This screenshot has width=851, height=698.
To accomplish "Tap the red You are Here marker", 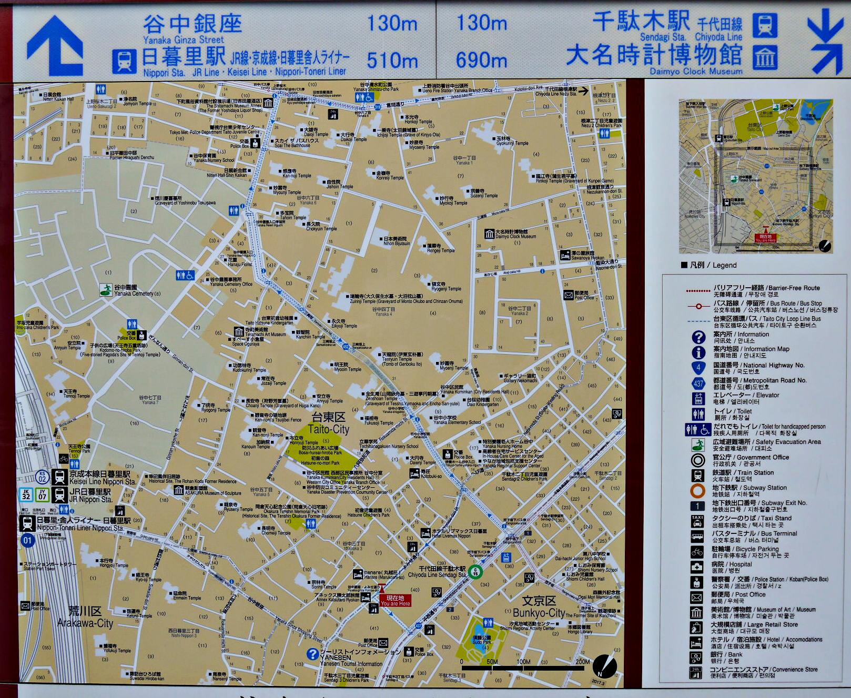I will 395,600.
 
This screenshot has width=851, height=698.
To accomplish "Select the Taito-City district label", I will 329,423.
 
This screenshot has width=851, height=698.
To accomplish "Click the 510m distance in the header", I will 392,60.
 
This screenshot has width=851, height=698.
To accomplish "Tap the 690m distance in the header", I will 481,60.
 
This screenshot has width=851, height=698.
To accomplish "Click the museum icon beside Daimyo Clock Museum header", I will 765,57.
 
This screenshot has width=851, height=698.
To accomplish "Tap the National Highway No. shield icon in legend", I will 698,368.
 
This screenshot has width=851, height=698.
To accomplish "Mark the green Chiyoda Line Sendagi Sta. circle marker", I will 475,572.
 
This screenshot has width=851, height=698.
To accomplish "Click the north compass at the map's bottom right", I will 604,666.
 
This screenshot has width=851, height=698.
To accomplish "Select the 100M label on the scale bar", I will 523,662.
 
